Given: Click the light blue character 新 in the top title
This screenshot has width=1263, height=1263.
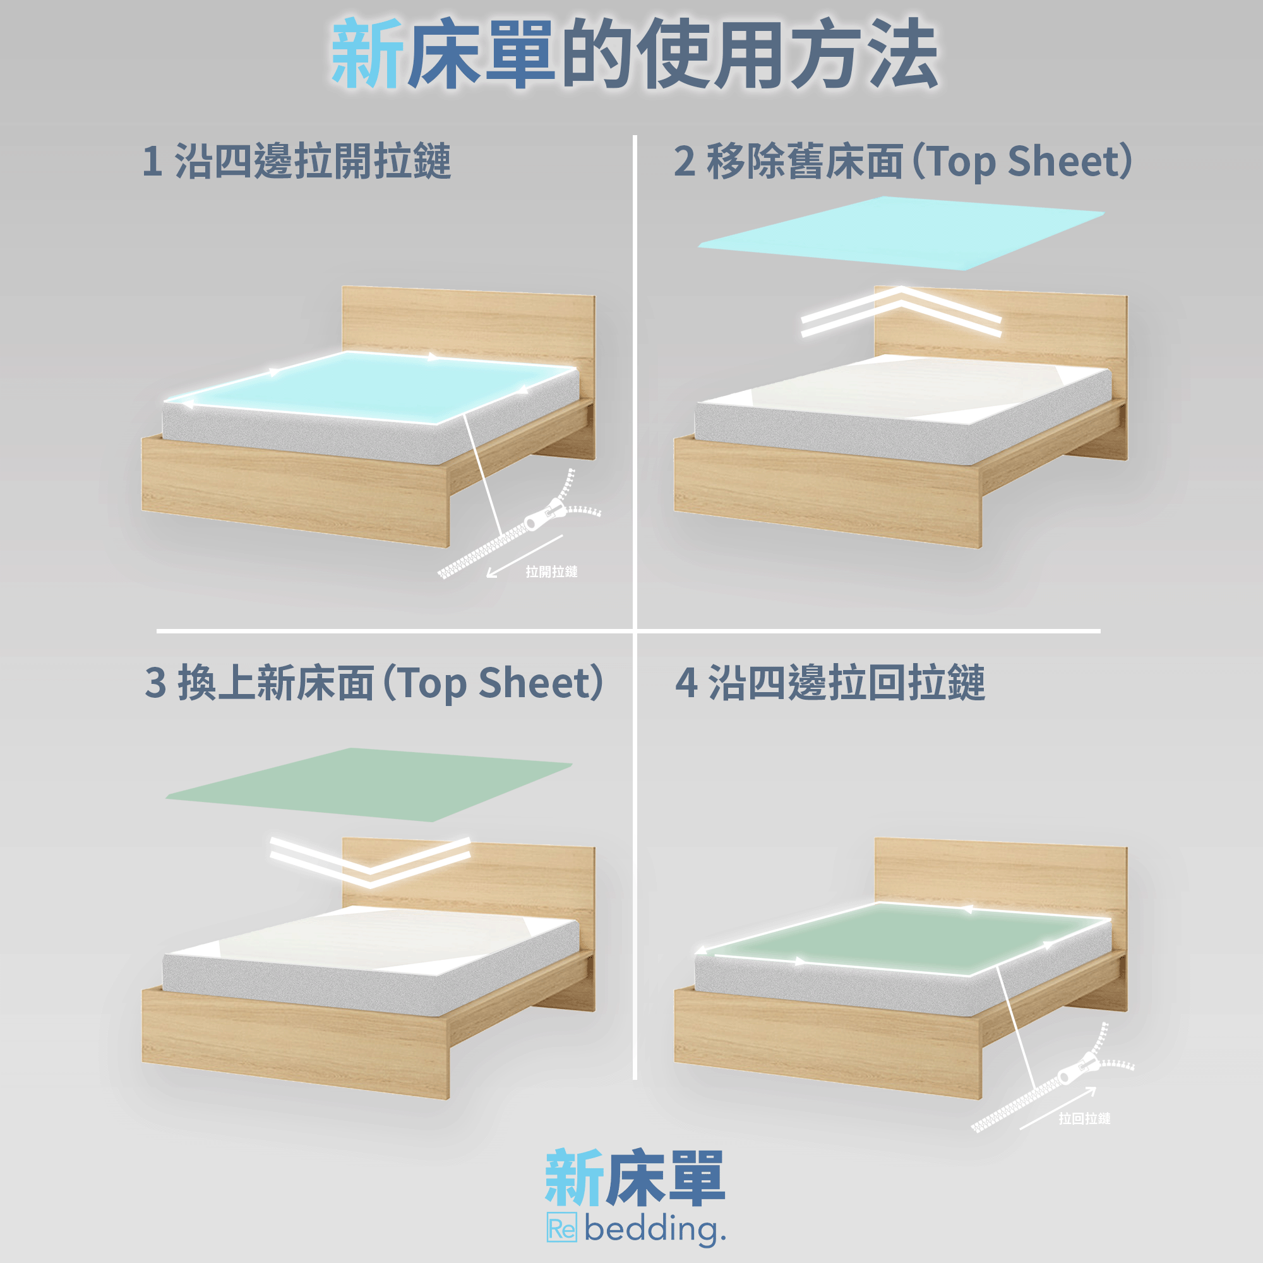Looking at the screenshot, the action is (x=368, y=54).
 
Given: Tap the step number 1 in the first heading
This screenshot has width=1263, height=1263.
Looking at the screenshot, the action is (x=152, y=161).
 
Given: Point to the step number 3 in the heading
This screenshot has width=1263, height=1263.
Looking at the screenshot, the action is (x=155, y=683).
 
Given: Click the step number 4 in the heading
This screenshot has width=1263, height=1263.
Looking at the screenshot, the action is (x=686, y=683).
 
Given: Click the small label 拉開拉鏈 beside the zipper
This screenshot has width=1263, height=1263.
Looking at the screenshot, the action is (x=551, y=572).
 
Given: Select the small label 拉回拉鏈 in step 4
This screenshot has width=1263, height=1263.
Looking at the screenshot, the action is (x=1084, y=1118).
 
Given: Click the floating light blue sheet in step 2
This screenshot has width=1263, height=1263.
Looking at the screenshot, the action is (x=901, y=233).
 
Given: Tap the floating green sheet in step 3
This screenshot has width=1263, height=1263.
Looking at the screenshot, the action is (x=369, y=784).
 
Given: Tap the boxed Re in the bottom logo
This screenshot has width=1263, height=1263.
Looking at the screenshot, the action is (x=561, y=1230).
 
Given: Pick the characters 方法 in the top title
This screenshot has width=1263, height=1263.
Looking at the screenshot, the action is (x=865, y=54).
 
